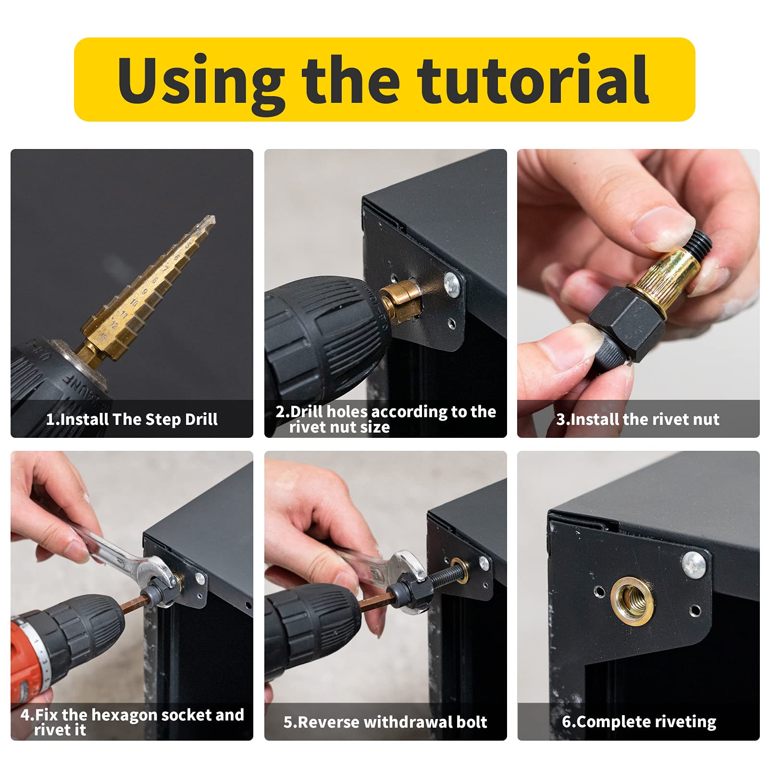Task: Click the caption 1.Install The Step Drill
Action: coord(132,419)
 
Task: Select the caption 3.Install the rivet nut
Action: coord(638,419)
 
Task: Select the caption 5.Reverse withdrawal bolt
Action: coord(385,722)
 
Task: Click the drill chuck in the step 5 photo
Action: coord(312,625)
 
